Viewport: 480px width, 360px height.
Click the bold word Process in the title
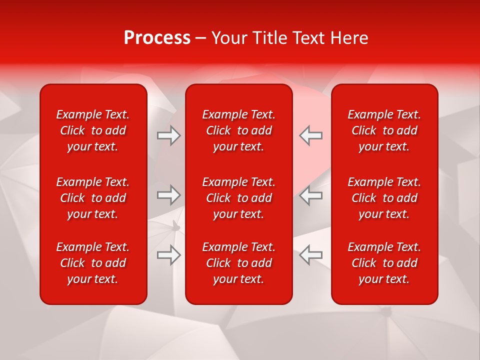[x=157, y=38]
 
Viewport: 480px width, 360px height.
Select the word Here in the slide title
[x=349, y=38]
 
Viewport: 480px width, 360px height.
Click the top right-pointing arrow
[x=168, y=135]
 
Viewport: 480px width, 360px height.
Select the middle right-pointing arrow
[x=168, y=195]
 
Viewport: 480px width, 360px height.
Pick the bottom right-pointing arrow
[x=168, y=255]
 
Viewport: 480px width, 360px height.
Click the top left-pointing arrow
[x=310, y=135]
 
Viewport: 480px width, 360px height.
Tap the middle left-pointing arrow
[x=310, y=195]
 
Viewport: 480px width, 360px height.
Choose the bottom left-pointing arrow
[x=310, y=255]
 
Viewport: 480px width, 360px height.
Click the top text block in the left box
[x=93, y=130]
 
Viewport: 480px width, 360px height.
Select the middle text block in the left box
[x=93, y=198]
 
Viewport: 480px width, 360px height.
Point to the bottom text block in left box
[x=93, y=263]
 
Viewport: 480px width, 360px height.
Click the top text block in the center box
[x=239, y=130]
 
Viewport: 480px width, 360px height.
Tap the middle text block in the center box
[x=239, y=198]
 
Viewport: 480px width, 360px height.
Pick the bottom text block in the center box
[x=239, y=263]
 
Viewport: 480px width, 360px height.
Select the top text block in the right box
[x=384, y=130]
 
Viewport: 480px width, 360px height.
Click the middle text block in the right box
[x=384, y=198]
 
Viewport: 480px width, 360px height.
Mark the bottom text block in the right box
[x=384, y=263]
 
